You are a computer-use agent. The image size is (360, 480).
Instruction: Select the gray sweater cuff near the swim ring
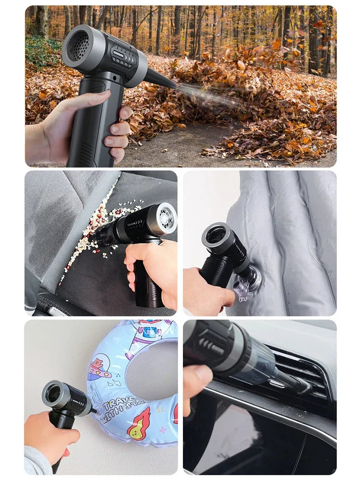(x=38, y=460)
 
